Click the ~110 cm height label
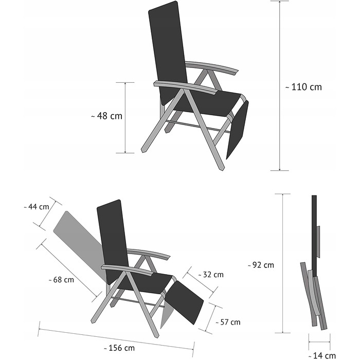(x=303, y=87)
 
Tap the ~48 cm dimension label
(x=107, y=116)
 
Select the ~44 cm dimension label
(x=37, y=207)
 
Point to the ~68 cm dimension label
(x=61, y=280)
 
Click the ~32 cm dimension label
(x=211, y=275)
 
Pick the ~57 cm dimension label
(x=228, y=322)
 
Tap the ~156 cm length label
(x=119, y=348)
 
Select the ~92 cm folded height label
(x=261, y=265)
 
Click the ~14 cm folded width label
(x=322, y=356)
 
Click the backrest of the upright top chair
(x=167, y=53)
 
